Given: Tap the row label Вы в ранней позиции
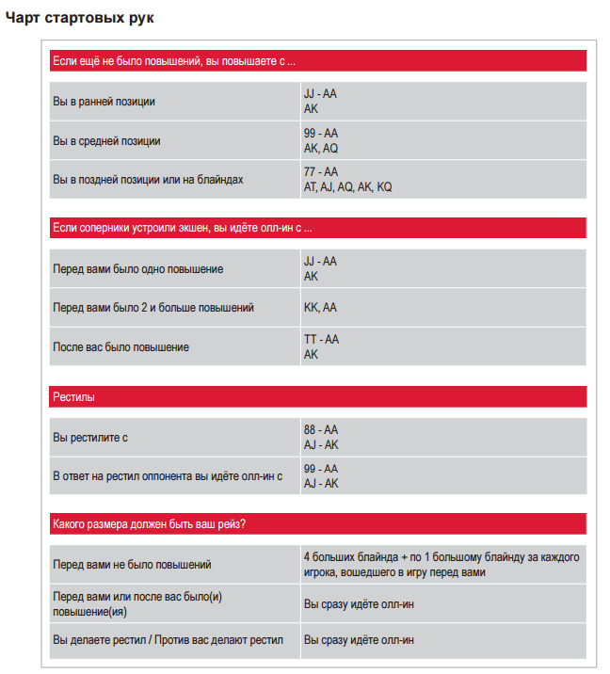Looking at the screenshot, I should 104,102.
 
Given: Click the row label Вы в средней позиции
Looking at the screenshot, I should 107,141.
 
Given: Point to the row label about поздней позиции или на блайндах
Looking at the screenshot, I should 149,180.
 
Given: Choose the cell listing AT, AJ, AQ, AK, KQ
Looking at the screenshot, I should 347,187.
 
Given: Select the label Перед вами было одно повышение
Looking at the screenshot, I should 138,269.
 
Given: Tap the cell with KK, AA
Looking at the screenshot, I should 320,308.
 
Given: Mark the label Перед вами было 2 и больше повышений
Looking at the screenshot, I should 153,308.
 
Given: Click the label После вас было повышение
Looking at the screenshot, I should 121,347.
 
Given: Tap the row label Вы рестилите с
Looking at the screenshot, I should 90,438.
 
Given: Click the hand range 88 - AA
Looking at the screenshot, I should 321,430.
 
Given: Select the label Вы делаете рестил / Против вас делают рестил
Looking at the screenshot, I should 169,640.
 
